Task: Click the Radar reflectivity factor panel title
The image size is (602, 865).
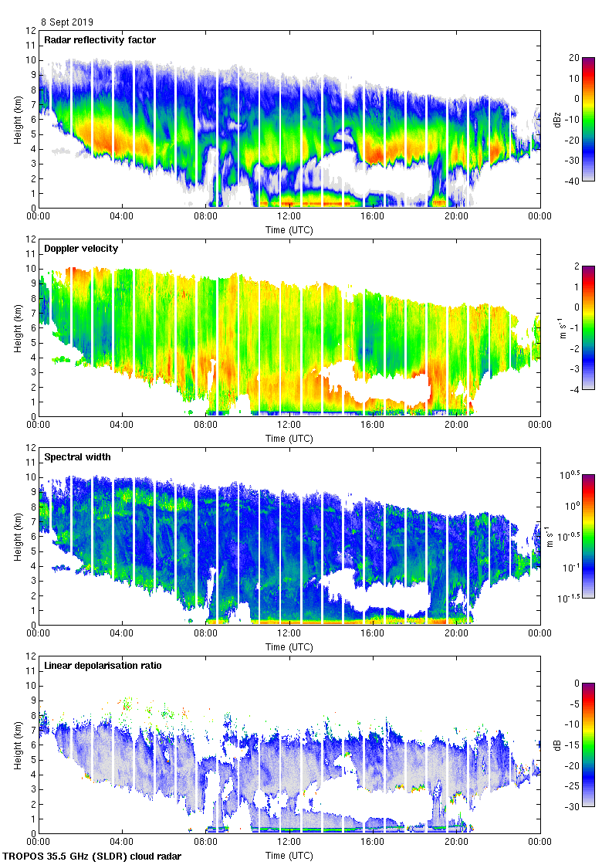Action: [100, 40]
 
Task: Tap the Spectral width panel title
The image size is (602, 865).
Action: [77, 457]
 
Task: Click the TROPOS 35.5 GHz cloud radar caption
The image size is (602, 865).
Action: [93, 857]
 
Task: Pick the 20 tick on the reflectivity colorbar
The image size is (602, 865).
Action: [573, 58]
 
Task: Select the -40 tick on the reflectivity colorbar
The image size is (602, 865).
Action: [572, 181]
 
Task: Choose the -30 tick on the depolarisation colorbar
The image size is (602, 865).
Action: [572, 807]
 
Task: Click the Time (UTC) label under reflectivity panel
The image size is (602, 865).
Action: [289, 229]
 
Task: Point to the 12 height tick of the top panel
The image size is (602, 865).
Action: [30, 31]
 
